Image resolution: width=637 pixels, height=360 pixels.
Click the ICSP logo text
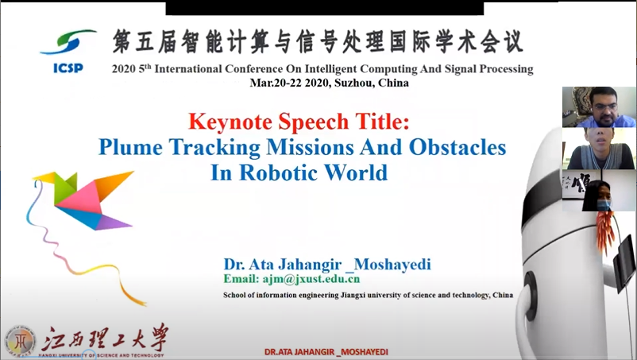(x=68, y=68)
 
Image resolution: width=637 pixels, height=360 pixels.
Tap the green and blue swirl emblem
(x=68, y=42)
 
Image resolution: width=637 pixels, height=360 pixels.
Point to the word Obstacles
(x=457, y=147)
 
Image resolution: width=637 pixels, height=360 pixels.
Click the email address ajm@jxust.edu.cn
(x=311, y=279)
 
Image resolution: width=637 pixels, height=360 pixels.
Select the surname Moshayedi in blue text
(x=392, y=265)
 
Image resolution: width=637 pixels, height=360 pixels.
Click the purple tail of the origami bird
(x=114, y=222)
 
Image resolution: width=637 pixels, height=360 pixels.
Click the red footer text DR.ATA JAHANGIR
(x=300, y=352)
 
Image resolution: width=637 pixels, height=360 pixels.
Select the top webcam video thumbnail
(x=599, y=106)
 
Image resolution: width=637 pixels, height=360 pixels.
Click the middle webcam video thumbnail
(x=599, y=149)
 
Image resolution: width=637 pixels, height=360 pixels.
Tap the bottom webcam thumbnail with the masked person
(x=599, y=190)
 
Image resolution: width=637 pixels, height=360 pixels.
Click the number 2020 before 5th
(x=124, y=69)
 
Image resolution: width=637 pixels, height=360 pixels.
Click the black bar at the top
(x=325, y=8)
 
